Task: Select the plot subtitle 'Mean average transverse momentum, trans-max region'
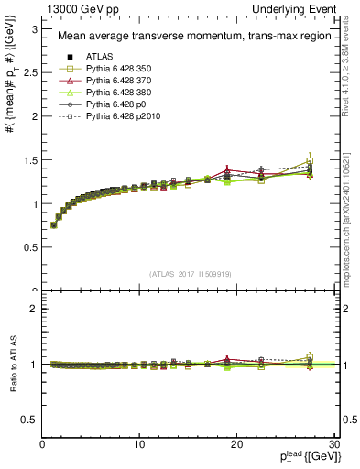(190, 37)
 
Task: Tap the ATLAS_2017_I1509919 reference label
(190, 273)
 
